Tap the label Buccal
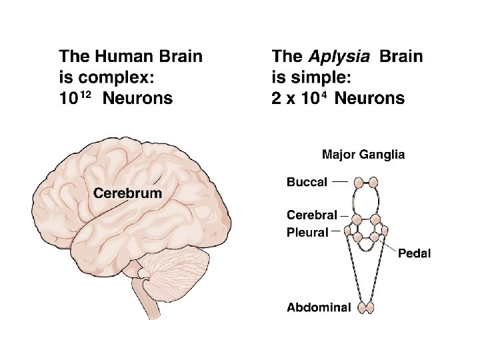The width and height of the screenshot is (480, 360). click(x=307, y=182)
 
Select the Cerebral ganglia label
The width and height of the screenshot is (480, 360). click(x=311, y=215)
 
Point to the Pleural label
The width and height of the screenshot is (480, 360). click(x=307, y=233)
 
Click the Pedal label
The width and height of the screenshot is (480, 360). click(x=415, y=253)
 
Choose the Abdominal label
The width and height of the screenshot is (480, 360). click(x=319, y=307)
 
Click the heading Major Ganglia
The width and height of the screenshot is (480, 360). click(x=363, y=155)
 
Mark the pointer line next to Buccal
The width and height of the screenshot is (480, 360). click(x=340, y=181)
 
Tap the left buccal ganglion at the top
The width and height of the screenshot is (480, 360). click(x=359, y=181)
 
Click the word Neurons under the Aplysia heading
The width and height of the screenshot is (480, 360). click(x=369, y=99)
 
